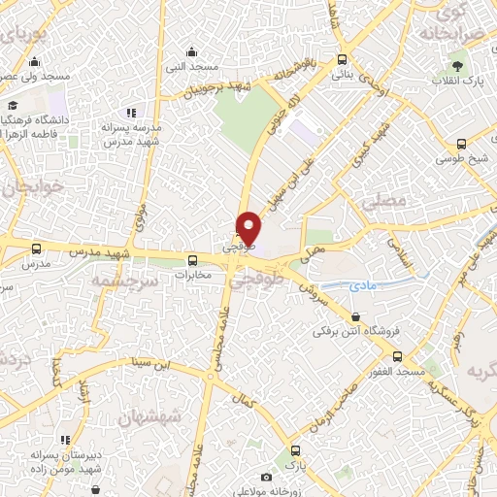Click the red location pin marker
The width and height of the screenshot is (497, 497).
[249, 227]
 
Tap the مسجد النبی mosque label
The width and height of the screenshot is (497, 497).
[191, 69]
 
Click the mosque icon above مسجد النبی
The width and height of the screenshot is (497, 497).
[191, 52]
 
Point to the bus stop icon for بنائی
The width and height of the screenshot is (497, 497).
[340, 58]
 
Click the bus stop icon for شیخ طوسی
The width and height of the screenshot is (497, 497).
[461, 144]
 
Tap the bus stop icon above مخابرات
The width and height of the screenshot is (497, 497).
[192, 260]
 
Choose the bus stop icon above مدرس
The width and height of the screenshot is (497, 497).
[36, 249]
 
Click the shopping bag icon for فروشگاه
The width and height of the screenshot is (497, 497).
[355, 316]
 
